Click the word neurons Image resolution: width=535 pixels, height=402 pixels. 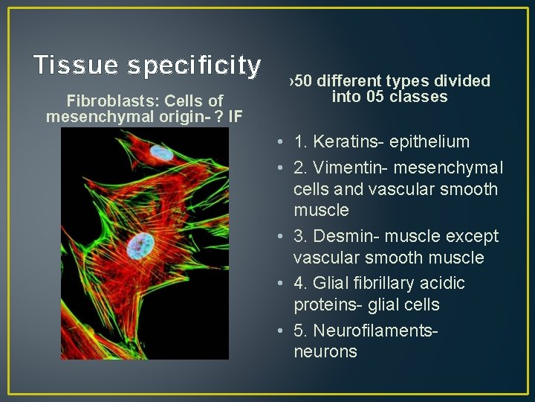pyautogui.click(x=325, y=351)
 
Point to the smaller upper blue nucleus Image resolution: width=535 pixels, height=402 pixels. pyautogui.click(x=161, y=154)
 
